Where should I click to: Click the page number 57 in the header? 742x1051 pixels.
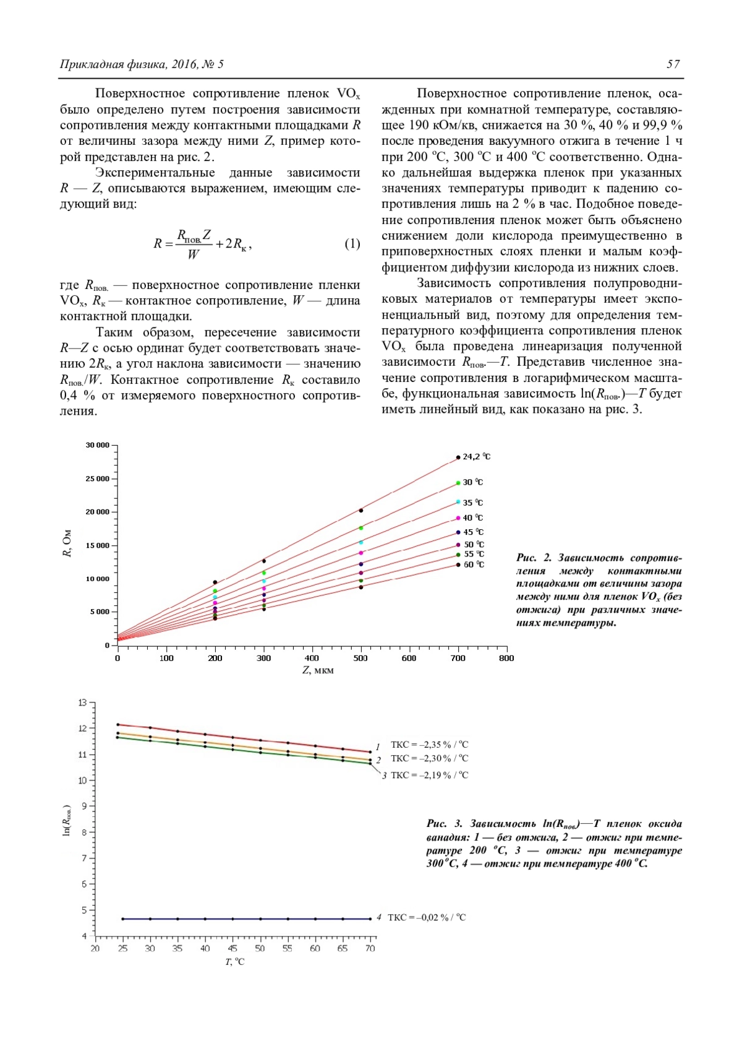tap(673, 64)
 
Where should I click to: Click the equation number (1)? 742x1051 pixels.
tap(352, 243)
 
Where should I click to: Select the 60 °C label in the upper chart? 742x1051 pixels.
tap(474, 564)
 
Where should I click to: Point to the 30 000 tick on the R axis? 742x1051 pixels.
tap(98, 445)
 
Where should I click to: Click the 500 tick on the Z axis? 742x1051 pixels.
tap(360, 658)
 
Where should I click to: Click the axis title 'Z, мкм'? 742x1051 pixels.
tap(318, 670)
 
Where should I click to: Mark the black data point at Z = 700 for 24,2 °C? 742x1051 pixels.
tap(458, 457)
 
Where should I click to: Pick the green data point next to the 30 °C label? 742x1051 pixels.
tap(458, 483)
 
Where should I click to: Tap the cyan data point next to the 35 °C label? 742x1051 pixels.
tap(458, 501)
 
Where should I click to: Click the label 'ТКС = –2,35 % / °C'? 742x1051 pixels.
tap(429, 745)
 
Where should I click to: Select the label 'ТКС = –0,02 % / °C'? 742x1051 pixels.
tap(427, 917)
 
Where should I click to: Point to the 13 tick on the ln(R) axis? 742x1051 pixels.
tap(83, 703)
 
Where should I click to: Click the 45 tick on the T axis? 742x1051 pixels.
tap(232, 948)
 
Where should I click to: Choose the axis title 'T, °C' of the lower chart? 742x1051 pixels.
tap(235, 962)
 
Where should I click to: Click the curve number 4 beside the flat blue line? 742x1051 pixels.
tap(378, 917)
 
